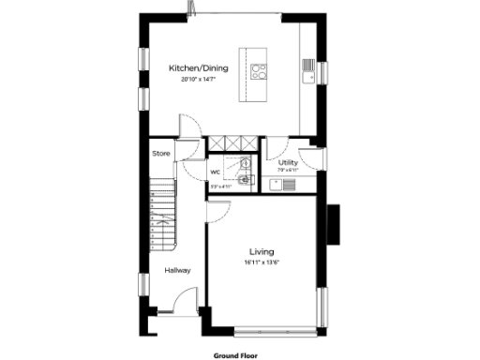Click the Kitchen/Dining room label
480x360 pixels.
[198, 67]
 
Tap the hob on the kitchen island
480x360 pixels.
[260, 69]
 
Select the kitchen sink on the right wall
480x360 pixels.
[308, 67]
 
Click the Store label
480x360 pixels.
[161, 153]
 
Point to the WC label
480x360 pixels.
[215, 172]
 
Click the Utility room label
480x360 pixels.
[288, 162]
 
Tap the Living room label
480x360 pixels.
[261, 251]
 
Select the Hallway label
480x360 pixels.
[177, 271]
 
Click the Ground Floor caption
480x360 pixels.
[235, 355]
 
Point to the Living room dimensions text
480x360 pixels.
[261, 262]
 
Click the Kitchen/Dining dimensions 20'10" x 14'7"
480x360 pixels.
[198, 80]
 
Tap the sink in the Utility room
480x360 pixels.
[286, 183]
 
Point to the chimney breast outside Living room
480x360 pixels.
[334, 223]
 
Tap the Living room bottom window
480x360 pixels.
[276, 329]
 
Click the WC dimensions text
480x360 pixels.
[219, 187]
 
